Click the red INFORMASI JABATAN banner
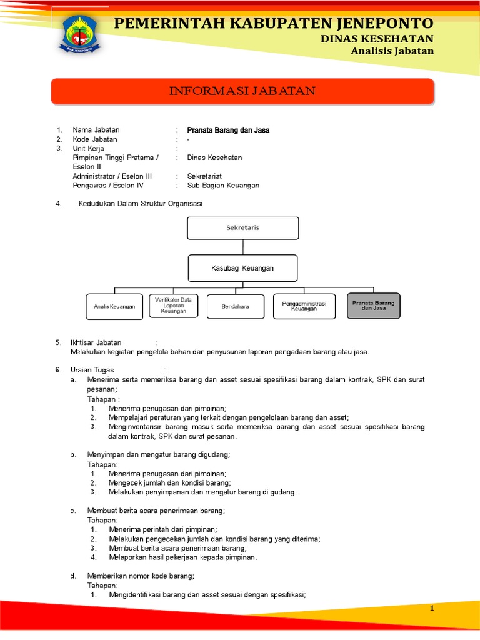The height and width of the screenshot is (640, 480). [242, 91]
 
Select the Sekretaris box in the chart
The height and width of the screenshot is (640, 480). [242, 228]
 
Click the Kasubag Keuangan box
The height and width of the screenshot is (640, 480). [242, 269]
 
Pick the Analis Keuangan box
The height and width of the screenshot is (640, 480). [114, 306]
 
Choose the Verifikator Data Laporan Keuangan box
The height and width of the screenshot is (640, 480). [173, 306]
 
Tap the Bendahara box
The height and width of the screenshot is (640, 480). [236, 306]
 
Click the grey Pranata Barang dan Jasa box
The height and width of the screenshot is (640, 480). [373, 306]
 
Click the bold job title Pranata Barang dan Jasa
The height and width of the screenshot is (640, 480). [228, 130]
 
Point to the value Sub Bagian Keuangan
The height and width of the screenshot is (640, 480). [223, 186]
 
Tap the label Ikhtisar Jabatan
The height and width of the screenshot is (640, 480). [96, 342]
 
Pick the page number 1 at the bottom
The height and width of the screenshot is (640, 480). [431, 608]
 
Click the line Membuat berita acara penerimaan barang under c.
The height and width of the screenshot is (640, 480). [156, 511]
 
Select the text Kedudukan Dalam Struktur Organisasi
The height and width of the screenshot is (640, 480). [140, 204]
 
